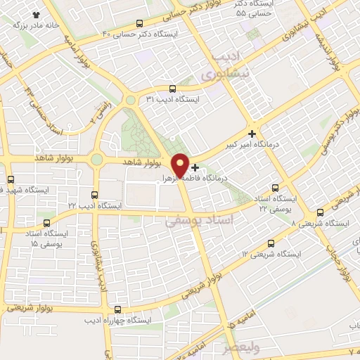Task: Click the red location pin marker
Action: [179, 165]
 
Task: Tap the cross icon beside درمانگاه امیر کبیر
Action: [252, 133]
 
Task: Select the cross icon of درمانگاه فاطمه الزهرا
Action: [195, 167]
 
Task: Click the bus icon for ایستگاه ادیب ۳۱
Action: [173, 89]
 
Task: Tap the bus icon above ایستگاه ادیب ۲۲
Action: [95, 194]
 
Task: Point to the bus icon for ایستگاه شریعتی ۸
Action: [320, 212]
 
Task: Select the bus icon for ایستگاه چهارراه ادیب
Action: [117, 309]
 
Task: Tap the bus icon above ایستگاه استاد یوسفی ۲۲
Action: [274, 188]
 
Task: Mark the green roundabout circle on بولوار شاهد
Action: [96, 160]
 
